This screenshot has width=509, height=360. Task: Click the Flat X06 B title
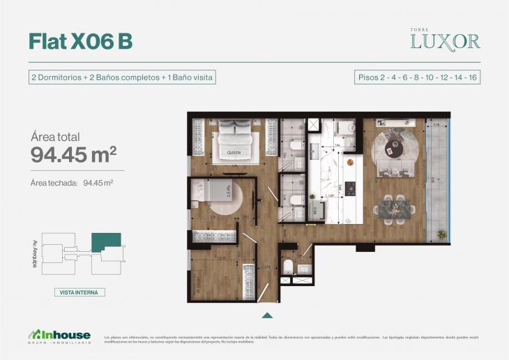pyautogui.click(x=80, y=42)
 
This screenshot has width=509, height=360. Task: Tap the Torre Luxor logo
pyautogui.click(x=444, y=40)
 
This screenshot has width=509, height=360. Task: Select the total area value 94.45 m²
pyautogui.click(x=73, y=155)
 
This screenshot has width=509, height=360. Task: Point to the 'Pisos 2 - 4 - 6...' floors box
pyautogui.click(x=417, y=77)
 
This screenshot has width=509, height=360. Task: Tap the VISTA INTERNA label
pyautogui.click(x=79, y=292)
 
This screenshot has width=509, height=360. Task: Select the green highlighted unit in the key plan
pyautogui.click(x=105, y=241)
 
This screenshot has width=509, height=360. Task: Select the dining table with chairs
pyautogui.click(x=397, y=207)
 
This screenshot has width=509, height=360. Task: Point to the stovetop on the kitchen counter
pyautogui.click(x=351, y=187)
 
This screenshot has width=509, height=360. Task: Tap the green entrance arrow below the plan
pyautogui.click(x=266, y=314)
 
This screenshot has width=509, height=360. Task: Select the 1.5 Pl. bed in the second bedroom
pyautogui.click(x=212, y=191)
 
